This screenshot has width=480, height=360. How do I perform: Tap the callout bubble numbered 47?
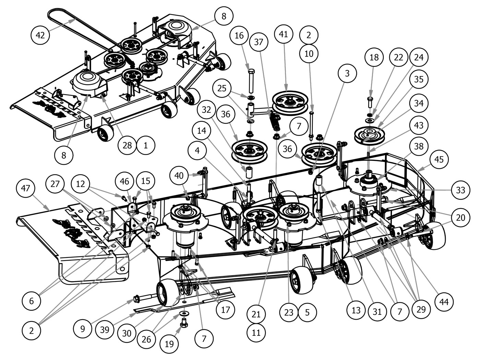click(x=26, y=188)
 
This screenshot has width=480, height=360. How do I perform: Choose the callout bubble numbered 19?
click(x=169, y=344)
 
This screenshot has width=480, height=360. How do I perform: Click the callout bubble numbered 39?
click(x=105, y=329)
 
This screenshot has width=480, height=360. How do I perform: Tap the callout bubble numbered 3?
click(x=347, y=73)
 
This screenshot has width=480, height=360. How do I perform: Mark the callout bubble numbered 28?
click(x=127, y=145)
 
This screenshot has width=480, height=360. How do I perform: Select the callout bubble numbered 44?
click(x=444, y=302)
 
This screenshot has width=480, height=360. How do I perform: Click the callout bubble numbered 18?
click(x=374, y=57)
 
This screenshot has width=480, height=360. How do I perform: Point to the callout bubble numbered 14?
click(x=203, y=131)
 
